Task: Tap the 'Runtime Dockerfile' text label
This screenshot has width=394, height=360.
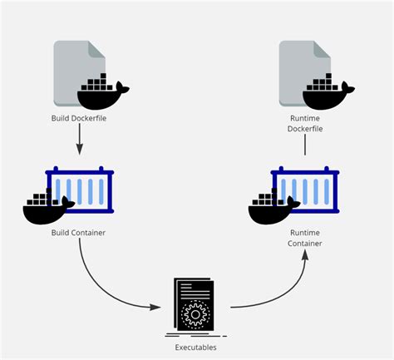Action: click(x=306, y=124)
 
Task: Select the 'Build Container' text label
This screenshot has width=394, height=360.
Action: click(x=78, y=232)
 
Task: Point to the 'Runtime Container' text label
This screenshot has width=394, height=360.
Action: click(x=306, y=238)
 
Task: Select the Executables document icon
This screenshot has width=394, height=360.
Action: click(x=195, y=304)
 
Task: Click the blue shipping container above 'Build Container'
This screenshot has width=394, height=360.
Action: click(x=81, y=190)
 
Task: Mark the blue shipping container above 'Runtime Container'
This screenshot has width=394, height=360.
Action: click(x=307, y=190)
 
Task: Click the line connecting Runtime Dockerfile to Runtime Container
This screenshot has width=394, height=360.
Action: click(x=306, y=145)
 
